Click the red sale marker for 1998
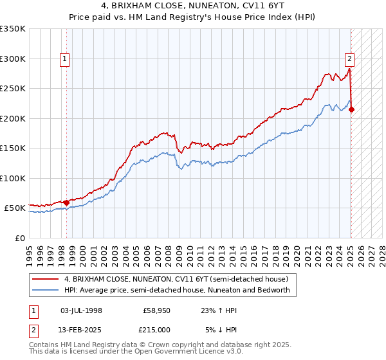[66, 203]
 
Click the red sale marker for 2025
[352, 109]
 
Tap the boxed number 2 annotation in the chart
[349, 60]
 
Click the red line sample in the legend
[46, 279]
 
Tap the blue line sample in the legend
[46, 290]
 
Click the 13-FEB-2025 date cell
[81, 329]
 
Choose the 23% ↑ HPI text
[219, 310]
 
